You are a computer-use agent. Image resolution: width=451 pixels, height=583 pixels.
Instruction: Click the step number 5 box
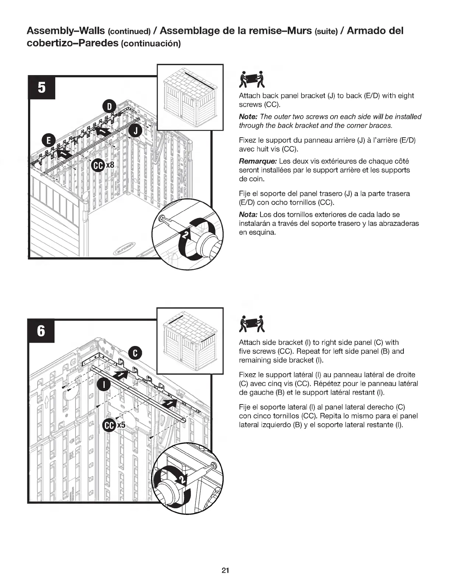42,88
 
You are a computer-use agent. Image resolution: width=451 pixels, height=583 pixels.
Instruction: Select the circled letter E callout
48,141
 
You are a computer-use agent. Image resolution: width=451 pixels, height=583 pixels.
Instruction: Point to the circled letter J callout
135,131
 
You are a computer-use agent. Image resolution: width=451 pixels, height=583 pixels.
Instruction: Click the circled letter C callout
135,353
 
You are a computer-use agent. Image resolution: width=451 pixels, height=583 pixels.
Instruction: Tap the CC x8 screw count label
103,165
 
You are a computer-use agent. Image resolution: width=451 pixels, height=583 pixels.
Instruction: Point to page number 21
225,570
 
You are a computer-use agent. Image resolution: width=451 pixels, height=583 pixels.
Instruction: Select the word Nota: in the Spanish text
248,215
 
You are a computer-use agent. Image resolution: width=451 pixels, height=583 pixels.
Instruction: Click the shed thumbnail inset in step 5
190,97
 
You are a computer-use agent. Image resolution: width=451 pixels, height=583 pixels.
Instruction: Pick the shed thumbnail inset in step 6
190,340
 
